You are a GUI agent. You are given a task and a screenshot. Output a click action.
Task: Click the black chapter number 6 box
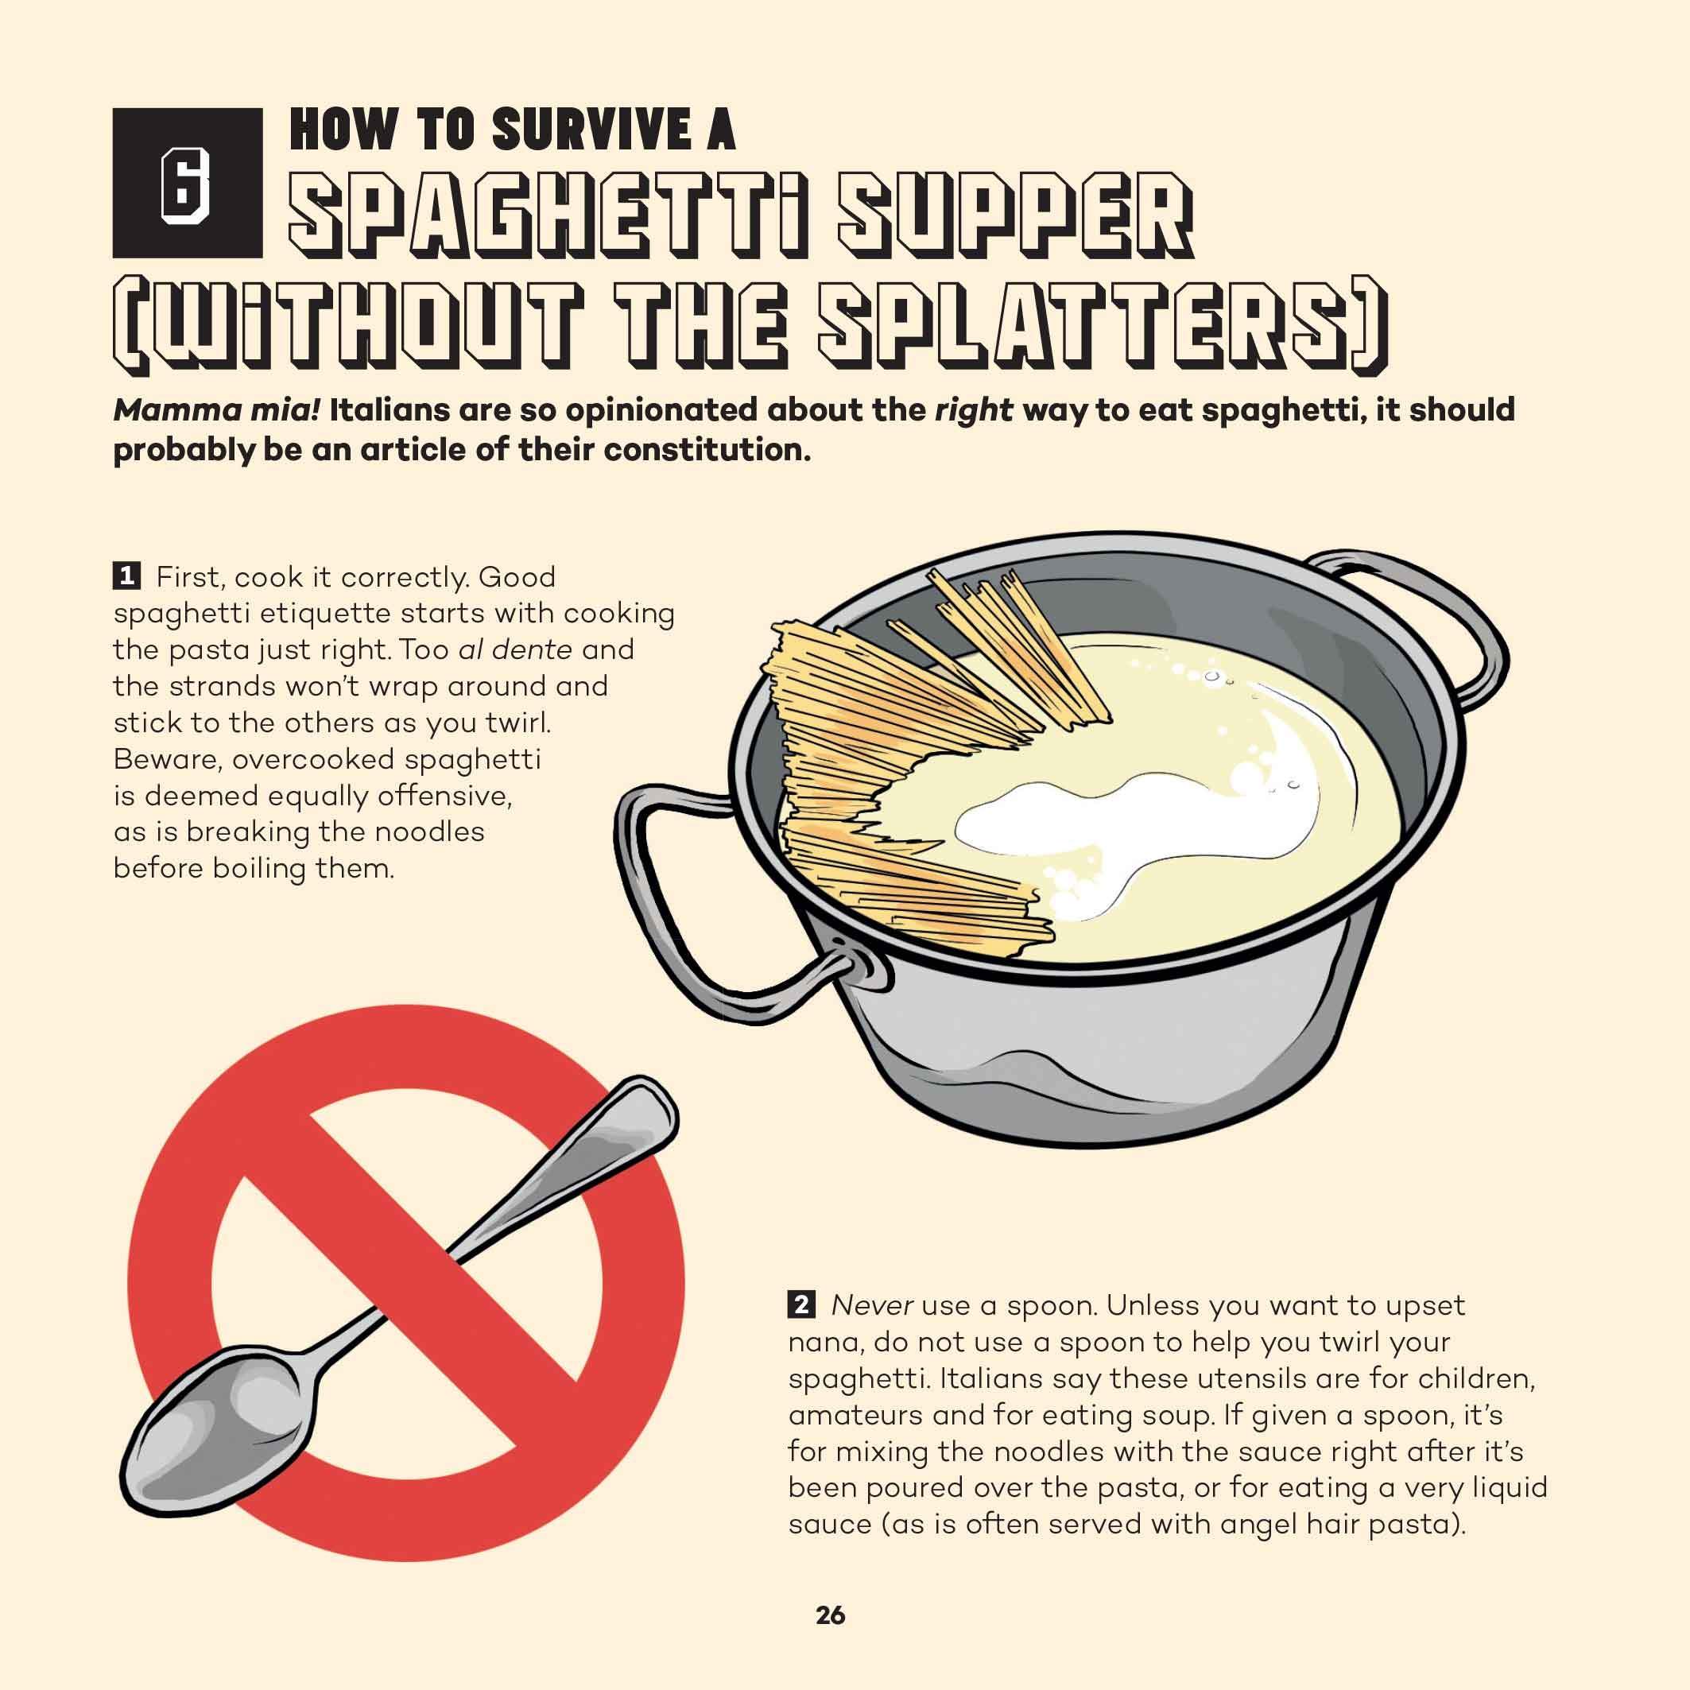tap(187, 183)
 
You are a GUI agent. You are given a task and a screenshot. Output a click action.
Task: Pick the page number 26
tap(830, 1614)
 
